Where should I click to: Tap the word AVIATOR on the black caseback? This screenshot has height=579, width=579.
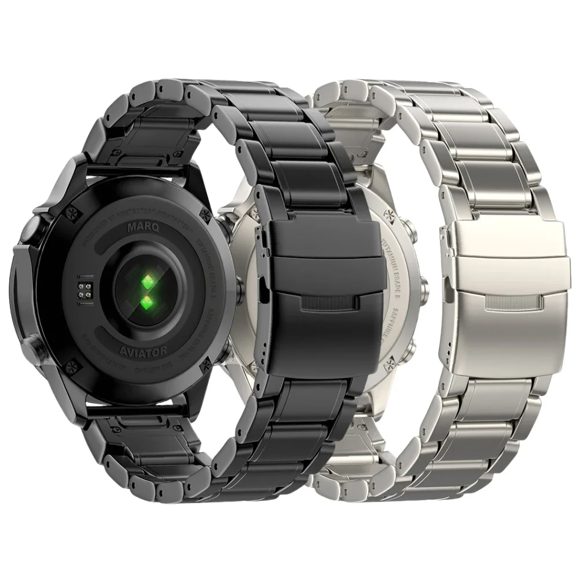pyautogui.click(x=144, y=350)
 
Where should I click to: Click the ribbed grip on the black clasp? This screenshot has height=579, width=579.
pyautogui.click(x=329, y=304)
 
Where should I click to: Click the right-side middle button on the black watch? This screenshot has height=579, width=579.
pyautogui.click(x=239, y=288)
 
